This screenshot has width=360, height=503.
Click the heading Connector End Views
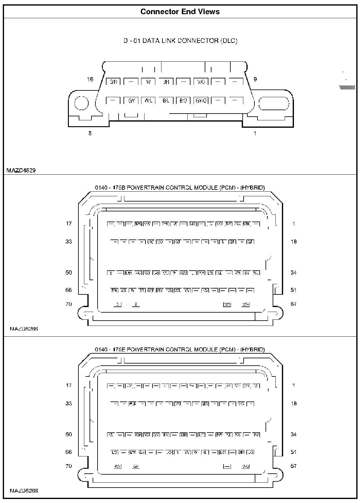pyautogui.click(x=180, y=12)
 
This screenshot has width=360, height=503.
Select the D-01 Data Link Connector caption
pyautogui.click(x=180, y=41)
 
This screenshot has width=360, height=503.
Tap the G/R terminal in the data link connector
pyautogui.click(x=113, y=82)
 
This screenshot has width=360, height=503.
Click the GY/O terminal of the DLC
pyautogui.click(x=201, y=101)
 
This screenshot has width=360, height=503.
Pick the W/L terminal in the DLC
pyautogui.click(x=148, y=101)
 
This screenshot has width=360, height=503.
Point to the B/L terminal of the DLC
pyautogui.click(x=166, y=101)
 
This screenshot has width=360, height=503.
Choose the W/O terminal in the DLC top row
pyautogui.click(x=201, y=82)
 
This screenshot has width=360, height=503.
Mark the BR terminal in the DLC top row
pyautogui.click(x=166, y=82)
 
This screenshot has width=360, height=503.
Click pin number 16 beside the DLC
pyautogui.click(x=90, y=80)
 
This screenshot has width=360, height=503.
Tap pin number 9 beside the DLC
pyautogui.click(x=255, y=79)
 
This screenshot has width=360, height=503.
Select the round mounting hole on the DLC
pyautogui.click(x=82, y=103)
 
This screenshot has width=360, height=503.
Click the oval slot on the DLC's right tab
pyautogui.click(x=273, y=103)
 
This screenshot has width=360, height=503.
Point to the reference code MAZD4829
pyautogui.click(x=21, y=170)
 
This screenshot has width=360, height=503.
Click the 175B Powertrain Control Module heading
pyautogui.click(x=180, y=188)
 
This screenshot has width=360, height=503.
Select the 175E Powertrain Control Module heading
pyautogui.click(x=180, y=350)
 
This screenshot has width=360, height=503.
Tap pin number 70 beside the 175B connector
pyautogui.click(x=69, y=304)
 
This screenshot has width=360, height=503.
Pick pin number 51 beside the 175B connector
pyautogui.click(x=293, y=290)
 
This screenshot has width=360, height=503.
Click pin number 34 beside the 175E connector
pyautogui.click(x=293, y=434)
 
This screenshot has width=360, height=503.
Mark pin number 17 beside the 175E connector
pyautogui.click(x=69, y=385)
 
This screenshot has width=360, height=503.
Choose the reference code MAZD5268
pyautogui.click(x=24, y=491)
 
